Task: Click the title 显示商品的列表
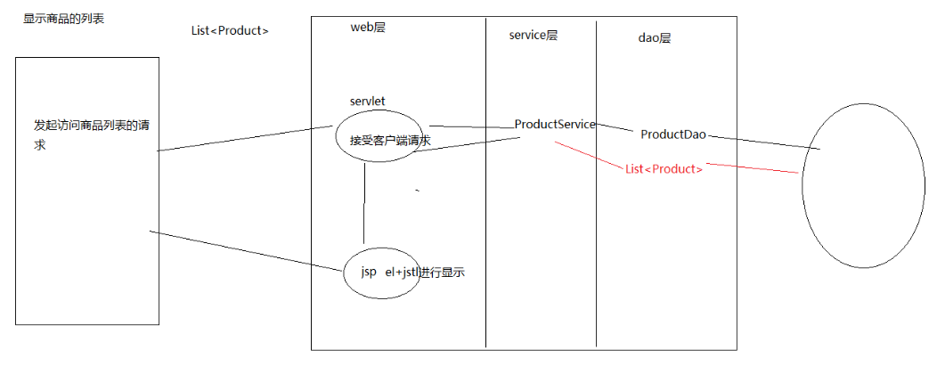(x=63, y=18)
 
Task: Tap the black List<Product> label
(x=230, y=30)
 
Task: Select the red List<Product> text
(x=664, y=169)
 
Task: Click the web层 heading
(x=368, y=28)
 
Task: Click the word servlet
(x=367, y=102)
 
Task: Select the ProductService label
(x=554, y=125)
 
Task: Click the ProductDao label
(x=673, y=134)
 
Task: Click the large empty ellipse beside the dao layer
(x=863, y=190)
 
